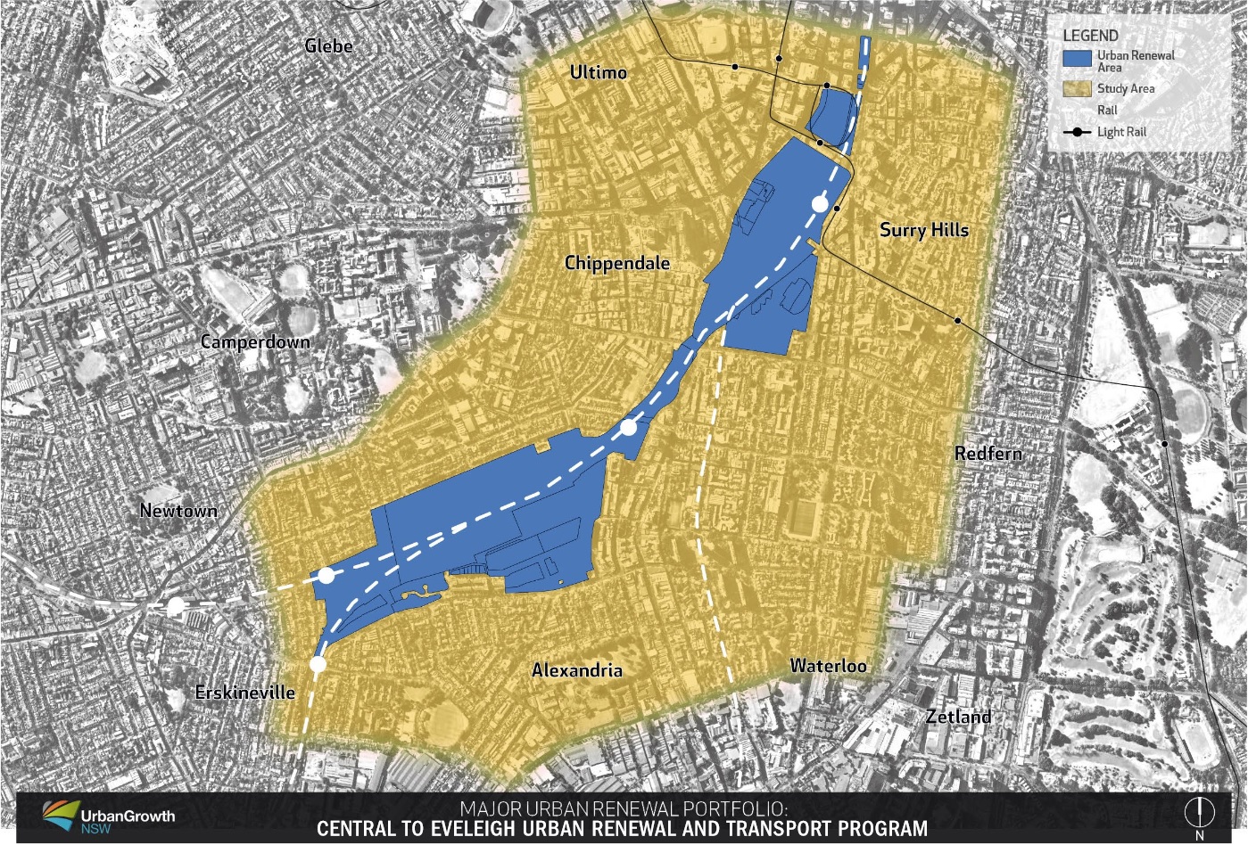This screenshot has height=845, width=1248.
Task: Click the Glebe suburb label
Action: click(328, 45)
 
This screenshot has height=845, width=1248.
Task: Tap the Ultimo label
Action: click(598, 72)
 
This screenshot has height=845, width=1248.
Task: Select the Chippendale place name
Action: click(616, 263)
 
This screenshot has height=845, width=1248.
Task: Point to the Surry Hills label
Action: click(923, 230)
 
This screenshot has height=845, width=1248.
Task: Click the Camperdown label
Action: click(255, 341)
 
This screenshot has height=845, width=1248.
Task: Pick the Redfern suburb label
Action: click(988, 453)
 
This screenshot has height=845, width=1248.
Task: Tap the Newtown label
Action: click(178, 511)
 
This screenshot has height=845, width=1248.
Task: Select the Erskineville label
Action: click(244, 692)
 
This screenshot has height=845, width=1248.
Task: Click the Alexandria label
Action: click(577, 670)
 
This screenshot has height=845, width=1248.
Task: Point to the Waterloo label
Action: click(828, 665)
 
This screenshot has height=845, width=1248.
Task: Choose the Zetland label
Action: click(958, 717)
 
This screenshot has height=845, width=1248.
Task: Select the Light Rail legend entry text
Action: click(1121, 132)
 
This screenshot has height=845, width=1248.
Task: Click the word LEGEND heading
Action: click(1090, 36)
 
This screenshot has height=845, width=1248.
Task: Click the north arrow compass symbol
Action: click(1199, 813)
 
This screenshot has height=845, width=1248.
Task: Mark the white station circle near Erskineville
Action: click(318, 664)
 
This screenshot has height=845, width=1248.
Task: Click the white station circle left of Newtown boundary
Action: click(176, 607)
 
